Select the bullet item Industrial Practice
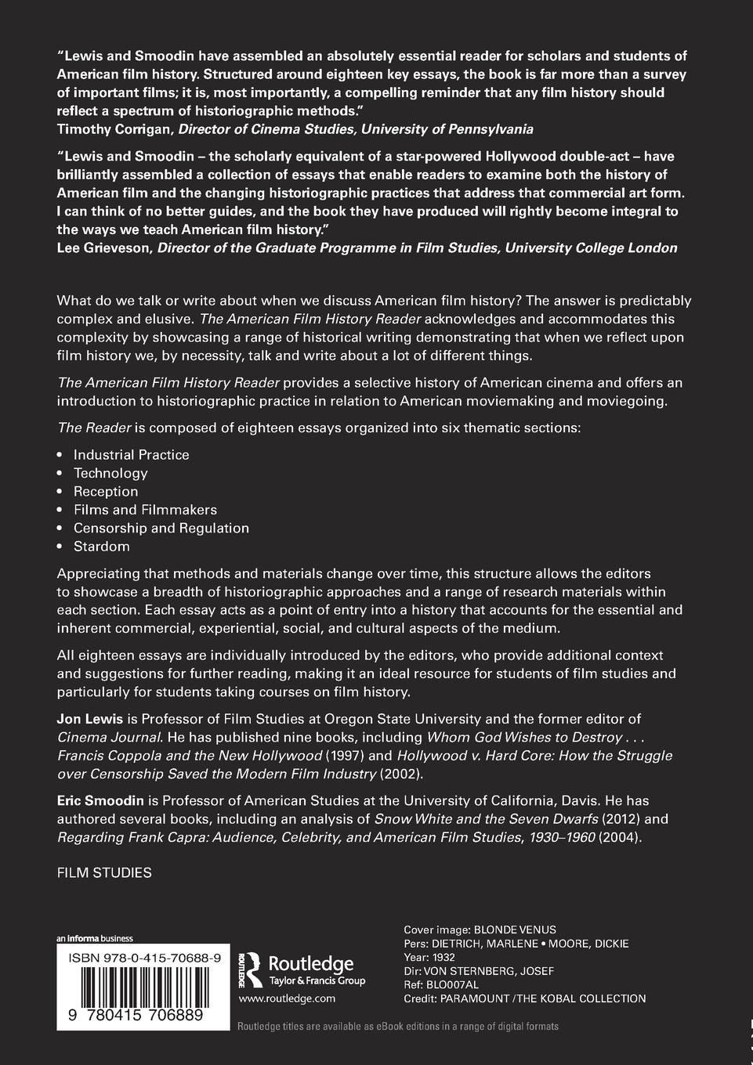131,454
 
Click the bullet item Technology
110,473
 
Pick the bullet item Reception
106,491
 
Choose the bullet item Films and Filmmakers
145,510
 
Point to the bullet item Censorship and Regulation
161,528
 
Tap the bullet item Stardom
102,547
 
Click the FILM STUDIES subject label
104,872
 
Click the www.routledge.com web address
287,998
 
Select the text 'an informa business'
95,938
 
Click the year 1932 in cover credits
443,957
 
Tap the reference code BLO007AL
453,984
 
